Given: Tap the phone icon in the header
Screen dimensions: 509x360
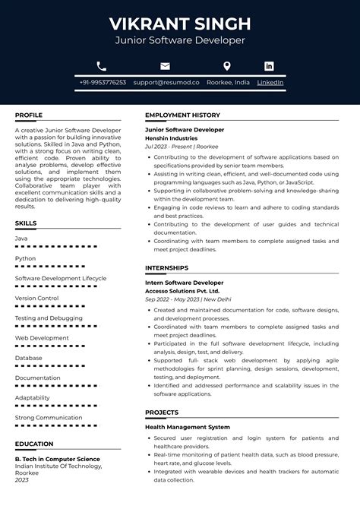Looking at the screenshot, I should pyautogui.click(x=102, y=66).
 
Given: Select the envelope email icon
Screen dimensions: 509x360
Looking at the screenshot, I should pyautogui.click(x=165, y=66).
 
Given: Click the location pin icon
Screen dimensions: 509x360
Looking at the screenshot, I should pyautogui.click(x=226, y=66).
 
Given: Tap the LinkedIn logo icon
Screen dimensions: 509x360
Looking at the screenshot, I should pyautogui.click(x=269, y=66).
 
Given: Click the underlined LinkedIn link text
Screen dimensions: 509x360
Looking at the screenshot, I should pyautogui.click(x=270, y=82).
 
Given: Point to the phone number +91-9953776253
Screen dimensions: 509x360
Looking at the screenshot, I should pyautogui.click(x=103, y=82).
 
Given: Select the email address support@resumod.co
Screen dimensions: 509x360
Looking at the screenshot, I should pyautogui.click(x=166, y=82).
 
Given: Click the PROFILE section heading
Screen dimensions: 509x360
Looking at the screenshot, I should pyautogui.click(x=29, y=115).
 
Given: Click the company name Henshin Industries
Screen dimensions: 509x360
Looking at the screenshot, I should pyautogui.click(x=171, y=138).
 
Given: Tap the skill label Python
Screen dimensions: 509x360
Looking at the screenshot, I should pyautogui.click(x=25, y=258).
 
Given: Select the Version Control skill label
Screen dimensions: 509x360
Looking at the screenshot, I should pyautogui.click(x=36, y=298).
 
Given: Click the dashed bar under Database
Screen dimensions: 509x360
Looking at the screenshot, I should pyautogui.click(x=56, y=365).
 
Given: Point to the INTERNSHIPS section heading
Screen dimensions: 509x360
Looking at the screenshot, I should pyautogui.click(x=168, y=267).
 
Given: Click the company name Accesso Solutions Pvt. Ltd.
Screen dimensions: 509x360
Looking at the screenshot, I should pyautogui.click(x=182, y=290).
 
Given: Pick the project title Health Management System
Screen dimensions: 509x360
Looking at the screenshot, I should pyautogui.click(x=187, y=427).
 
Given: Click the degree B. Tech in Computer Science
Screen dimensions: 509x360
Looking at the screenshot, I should pyautogui.click(x=57, y=459).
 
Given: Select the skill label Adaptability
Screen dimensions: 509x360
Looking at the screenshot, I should pyautogui.click(x=33, y=397).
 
